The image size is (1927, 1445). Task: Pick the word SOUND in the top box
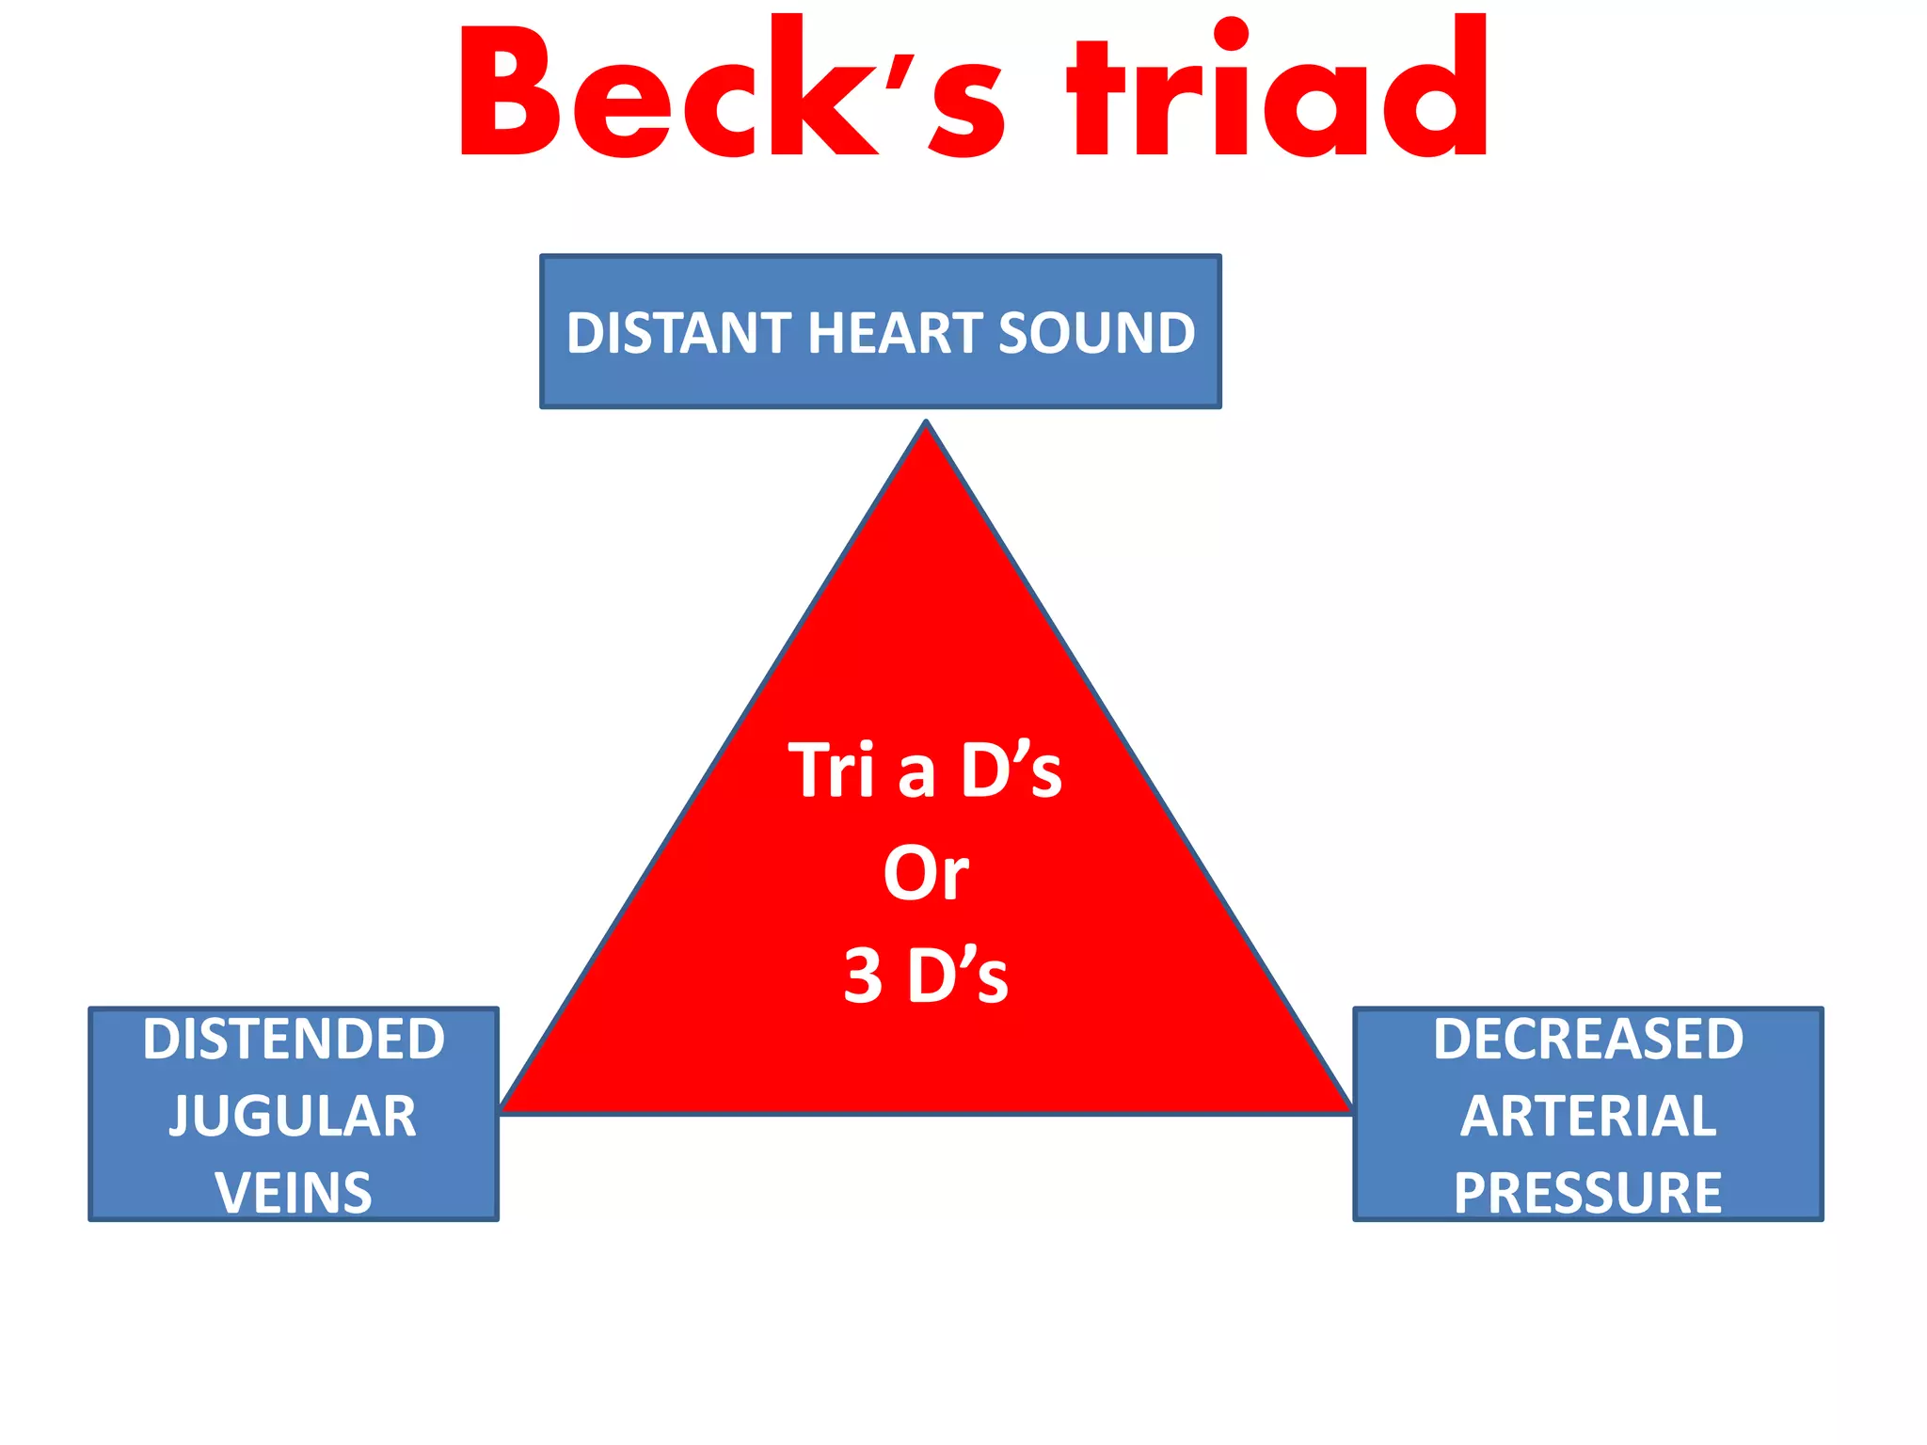tap(1096, 333)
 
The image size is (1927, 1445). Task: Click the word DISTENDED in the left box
tap(294, 1040)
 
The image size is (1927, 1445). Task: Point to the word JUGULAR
tap(293, 1117)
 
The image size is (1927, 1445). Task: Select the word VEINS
tap(294, 1193)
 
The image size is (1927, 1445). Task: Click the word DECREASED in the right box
tap(1588, 1040)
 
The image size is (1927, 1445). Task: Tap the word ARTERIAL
tap(1588, 1117)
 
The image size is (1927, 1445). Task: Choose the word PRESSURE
tap(1588, 1193)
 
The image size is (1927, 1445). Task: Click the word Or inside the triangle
tap(926, 874)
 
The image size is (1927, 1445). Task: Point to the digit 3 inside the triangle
tap(863, 976)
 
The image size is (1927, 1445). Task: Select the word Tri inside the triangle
tap(831, 770)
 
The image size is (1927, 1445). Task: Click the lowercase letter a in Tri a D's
tap(916, 775)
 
